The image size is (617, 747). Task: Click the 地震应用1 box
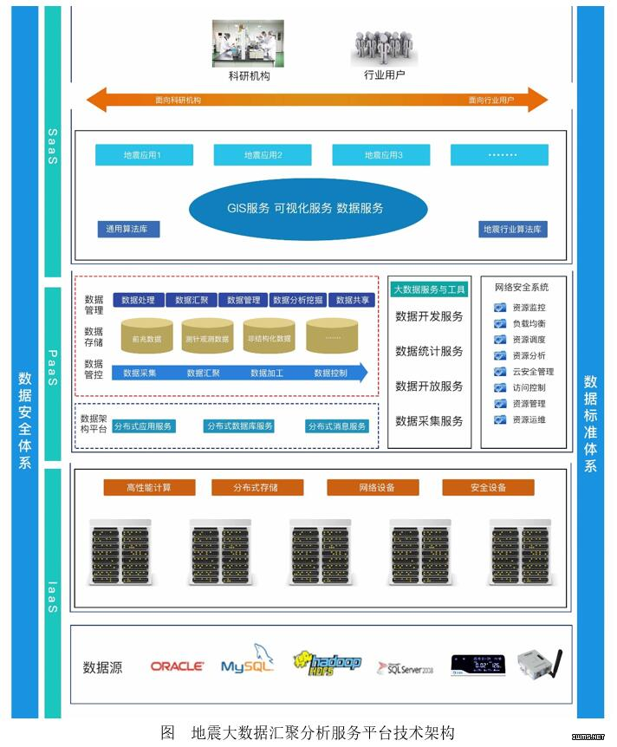coord(144,155)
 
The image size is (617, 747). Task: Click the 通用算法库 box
coord(128,230)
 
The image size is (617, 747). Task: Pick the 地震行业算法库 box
coord(514,230)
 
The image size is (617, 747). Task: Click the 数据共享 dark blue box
coord(354,300)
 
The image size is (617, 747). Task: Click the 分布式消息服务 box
coord(337,426)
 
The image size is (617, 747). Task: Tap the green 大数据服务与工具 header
coord(429,289)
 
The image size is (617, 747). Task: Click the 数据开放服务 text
coord(429,386)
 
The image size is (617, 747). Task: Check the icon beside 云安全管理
coord(500,372)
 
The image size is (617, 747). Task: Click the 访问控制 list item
coord(529,388)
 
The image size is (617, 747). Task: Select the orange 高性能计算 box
coord(149,488)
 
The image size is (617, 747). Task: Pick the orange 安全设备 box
coord(488,488)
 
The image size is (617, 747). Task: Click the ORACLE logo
coord(178,666)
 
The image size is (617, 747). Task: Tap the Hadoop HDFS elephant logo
coord(327,664)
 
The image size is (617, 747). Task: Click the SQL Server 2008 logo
coord(405,667)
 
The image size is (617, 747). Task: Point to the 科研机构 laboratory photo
coord(249,43)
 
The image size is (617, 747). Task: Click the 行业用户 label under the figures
coord(384,75)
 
